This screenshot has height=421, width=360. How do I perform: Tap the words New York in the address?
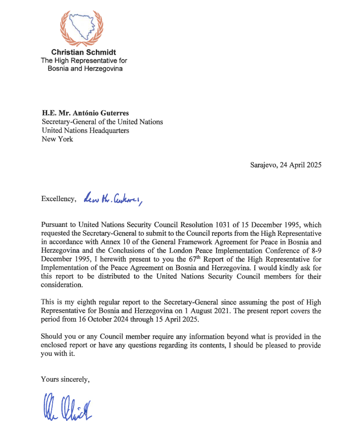pyautogui.click(x=57, y=140)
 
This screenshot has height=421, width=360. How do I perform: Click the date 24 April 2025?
pyautogui.click(x=300, y=165)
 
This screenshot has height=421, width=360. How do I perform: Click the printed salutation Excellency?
pyautogui.click(x=58, y=199)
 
